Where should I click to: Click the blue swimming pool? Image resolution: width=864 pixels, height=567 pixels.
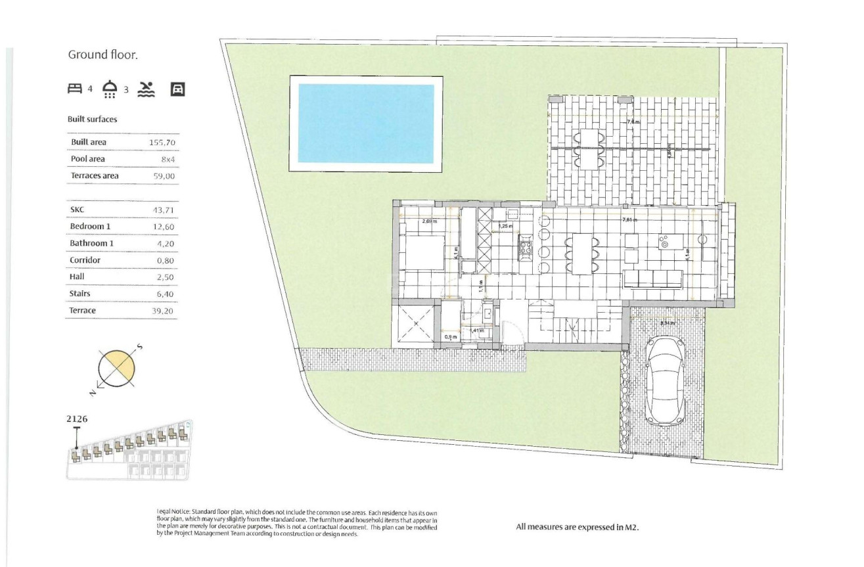[366, 123]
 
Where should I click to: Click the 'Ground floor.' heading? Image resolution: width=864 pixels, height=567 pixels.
[102, 55]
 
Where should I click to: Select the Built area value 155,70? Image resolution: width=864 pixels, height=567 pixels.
[163, 143]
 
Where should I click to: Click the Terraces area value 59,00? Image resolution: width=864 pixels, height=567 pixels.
[163, 176]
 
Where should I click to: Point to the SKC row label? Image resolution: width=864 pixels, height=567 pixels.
[78, 210]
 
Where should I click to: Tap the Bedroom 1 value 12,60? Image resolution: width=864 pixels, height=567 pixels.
[163, 227]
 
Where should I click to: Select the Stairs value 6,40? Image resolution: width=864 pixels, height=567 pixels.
[163, 294]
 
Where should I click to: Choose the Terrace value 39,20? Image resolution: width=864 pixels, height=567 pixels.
[163, 311]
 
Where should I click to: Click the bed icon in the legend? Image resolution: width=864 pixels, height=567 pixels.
[75, 89]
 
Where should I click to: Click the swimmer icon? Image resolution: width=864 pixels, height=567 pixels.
[147, 89]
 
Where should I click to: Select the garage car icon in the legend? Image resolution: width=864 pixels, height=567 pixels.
[177, 89]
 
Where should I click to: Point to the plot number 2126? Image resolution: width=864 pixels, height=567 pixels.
[77, 418]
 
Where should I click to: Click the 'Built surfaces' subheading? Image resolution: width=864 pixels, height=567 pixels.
[92, 120]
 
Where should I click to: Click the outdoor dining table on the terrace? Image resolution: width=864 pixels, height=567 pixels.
[589, 149]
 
